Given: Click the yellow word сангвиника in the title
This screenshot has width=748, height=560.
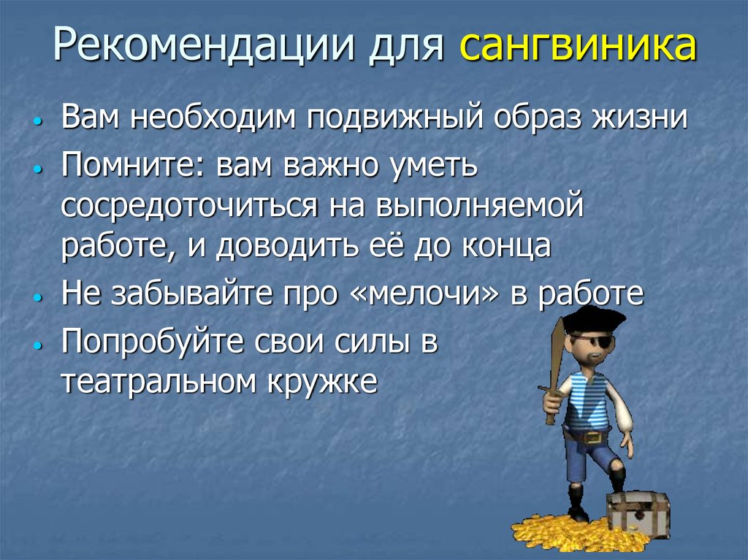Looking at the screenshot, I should pyautogui.click(x=577, y=47).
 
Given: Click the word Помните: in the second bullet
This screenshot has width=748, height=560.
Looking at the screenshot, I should pyautogui.click(x=133, y=166).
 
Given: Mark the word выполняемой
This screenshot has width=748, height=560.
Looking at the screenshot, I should pyautogui.click(x=481, y=207).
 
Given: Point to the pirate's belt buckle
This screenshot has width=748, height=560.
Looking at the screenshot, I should pyautogui.click(x=593, y=436).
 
